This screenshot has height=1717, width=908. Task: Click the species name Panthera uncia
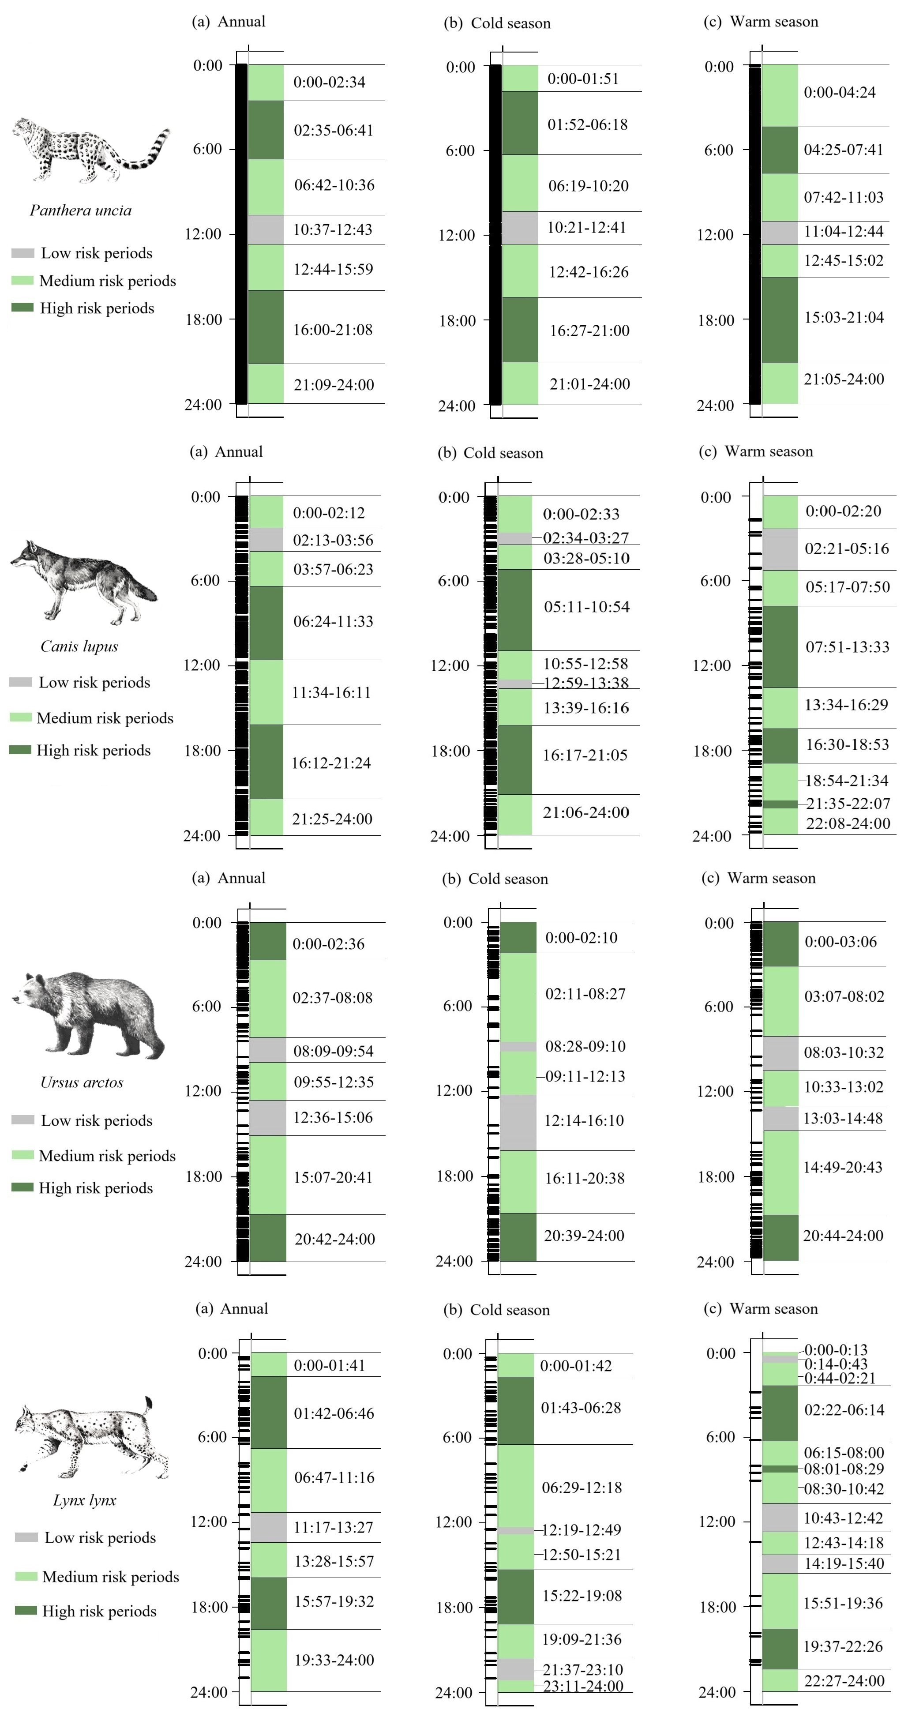[x=81, y=210]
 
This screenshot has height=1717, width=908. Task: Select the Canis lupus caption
[x=79, y=646]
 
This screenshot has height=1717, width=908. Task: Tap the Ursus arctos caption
[x=82, y=1082]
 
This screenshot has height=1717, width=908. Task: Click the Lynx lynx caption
[x=85, y=1500]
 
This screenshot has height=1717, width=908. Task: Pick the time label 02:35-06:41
[x=334, y=131]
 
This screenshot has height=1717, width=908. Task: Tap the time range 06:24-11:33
[x=334, y=622]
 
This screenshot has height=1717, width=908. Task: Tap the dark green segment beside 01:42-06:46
[x=269, y=1413]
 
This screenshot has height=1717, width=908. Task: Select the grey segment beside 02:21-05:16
[x=780, y=550]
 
